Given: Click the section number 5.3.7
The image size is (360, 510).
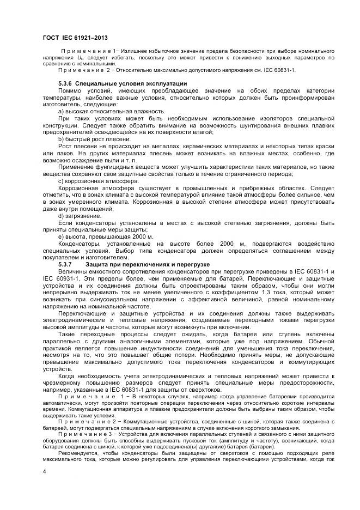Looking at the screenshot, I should click(65, 264).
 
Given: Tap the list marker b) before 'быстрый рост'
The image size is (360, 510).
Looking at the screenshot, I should click(61, 139).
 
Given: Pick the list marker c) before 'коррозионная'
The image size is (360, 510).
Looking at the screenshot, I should click(61, 181).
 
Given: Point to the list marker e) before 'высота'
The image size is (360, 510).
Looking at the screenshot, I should click(61, 236).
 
